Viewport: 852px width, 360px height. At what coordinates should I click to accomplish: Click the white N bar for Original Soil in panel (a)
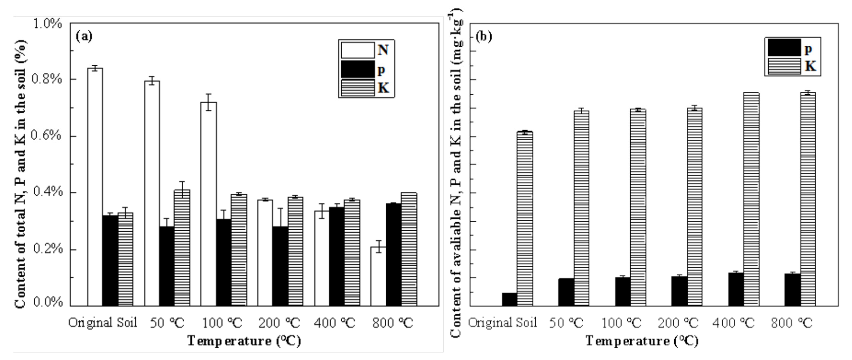[95, 187]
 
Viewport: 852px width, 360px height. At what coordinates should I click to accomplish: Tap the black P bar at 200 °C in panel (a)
[280, 266]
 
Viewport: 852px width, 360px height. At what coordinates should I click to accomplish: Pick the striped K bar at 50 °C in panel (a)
[182, 248]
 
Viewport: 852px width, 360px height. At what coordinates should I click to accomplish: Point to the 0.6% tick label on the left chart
[46, 136]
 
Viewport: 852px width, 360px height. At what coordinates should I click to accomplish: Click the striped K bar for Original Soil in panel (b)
[525, 218]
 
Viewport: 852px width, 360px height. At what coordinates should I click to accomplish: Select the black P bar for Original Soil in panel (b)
[509, 299]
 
